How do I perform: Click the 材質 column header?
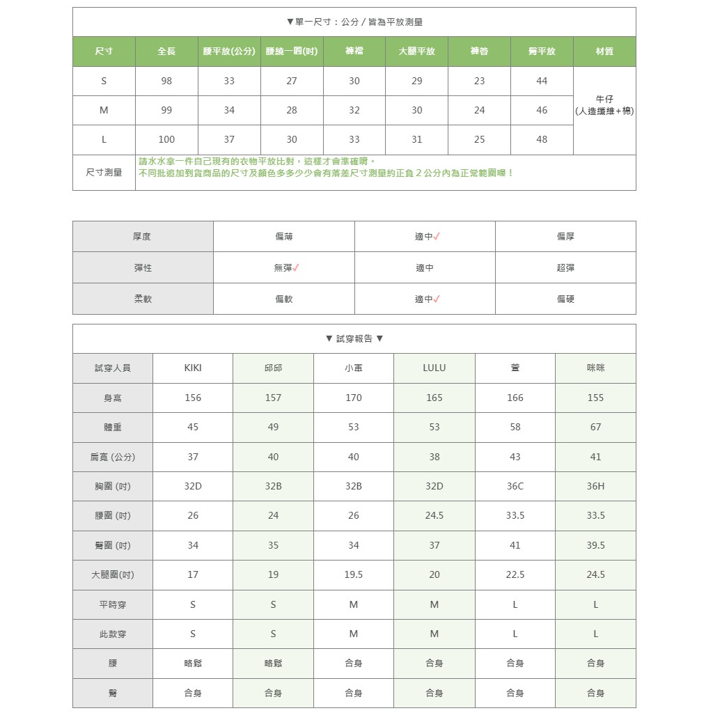click(604, 52)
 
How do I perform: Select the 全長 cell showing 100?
click(166, 139)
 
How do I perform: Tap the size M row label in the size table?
click(104, 110)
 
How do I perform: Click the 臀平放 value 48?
click(542, 139)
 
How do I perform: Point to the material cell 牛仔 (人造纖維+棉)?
click(604, 105)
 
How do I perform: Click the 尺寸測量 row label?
click(104, 172)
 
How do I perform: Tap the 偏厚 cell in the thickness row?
click(565, 237)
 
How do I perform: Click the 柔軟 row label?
click(143, 299)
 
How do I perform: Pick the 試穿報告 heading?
click(354, 338)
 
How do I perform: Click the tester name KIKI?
click(193, 368)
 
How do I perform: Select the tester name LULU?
click(434, 368)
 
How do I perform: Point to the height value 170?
click(354, 398)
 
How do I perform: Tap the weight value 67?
click(595, 427)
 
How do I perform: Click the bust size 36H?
click(595, 486)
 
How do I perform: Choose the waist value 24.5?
click(434, 515)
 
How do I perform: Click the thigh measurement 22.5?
click(515, 574)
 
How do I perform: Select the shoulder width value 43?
click(515, 457)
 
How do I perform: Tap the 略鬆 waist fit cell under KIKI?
click(193, 664)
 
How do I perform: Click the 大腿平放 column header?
click(416, 52)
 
